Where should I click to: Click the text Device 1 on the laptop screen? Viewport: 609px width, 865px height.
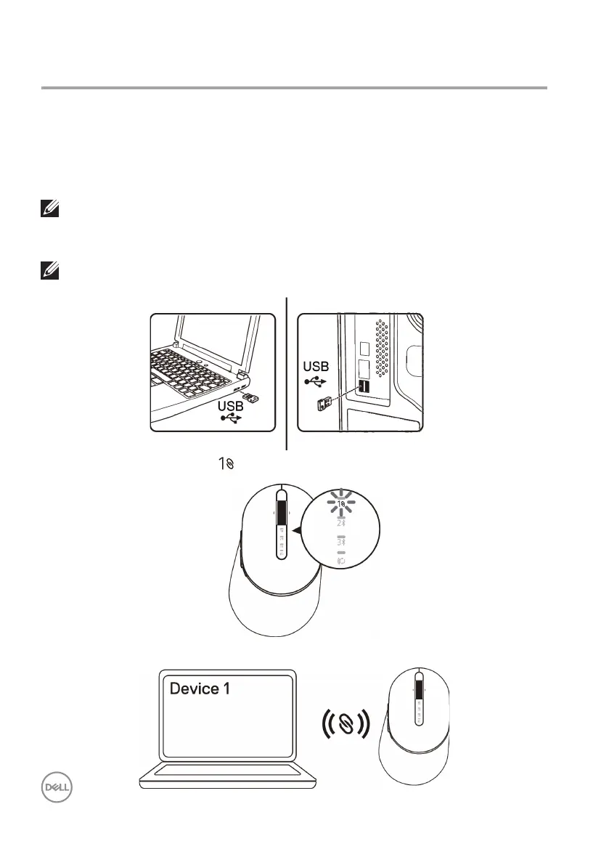[x=200, y=687]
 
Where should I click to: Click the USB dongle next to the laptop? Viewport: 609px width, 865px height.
[x=252, y=398]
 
